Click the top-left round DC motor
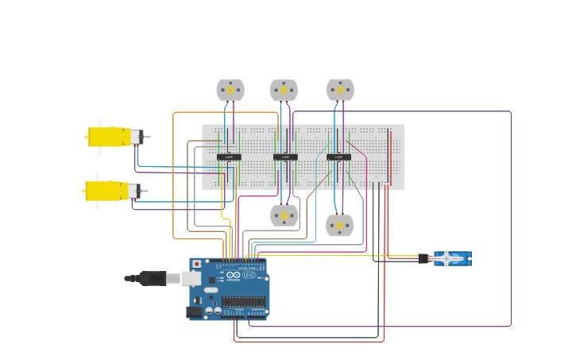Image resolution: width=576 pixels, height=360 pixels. (x=230, y=90)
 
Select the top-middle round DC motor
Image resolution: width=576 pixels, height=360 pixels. (x=284, y=90)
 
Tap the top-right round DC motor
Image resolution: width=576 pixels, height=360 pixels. (x=340, y=90)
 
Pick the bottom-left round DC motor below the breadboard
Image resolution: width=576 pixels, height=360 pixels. (x=284, y=215)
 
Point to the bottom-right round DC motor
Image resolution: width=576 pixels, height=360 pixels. (x=340, y=226)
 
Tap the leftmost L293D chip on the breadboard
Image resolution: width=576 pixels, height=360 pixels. (x=229, y=157)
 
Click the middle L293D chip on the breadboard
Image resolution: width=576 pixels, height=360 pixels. (x=285, y=157)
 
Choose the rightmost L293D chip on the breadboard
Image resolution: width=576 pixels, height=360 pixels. (x=338, y=157)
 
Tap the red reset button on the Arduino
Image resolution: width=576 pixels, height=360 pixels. (x=196, y=264)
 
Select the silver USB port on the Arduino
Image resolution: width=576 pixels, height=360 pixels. (x=191, y=278)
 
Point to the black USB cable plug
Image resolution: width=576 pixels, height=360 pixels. (x=151, y=278)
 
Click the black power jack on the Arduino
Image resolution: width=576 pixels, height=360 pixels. (x=194, y=312)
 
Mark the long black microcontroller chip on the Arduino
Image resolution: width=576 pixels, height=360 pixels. (x=243, y=302)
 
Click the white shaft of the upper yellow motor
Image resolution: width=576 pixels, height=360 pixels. (x=99, y=124)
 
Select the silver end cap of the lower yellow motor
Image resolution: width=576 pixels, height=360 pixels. (x=134, y=191)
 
